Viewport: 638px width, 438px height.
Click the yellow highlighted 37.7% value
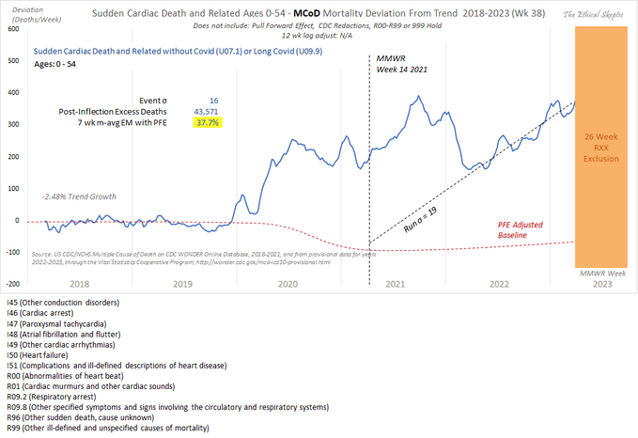206,122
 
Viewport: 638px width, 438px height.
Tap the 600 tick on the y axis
13,28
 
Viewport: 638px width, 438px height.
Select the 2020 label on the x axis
287,283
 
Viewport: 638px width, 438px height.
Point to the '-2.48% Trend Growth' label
77,197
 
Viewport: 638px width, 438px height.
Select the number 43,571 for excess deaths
206,110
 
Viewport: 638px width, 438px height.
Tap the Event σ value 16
213,98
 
